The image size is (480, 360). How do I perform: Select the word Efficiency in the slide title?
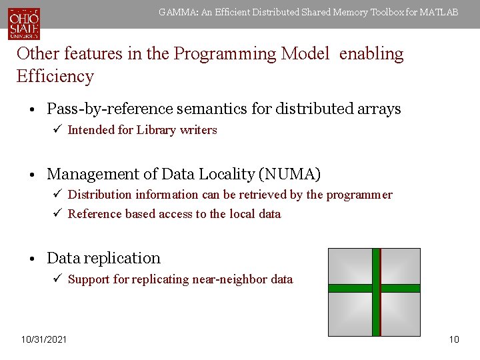[55, 76]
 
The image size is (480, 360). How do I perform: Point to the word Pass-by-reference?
[108, 109]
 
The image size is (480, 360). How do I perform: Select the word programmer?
[359, 195]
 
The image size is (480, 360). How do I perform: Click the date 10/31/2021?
[44, 340]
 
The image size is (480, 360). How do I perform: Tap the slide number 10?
[454, 340]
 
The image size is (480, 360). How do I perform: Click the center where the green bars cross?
[376, 289]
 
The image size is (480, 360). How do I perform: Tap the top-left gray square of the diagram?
[351, 266]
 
